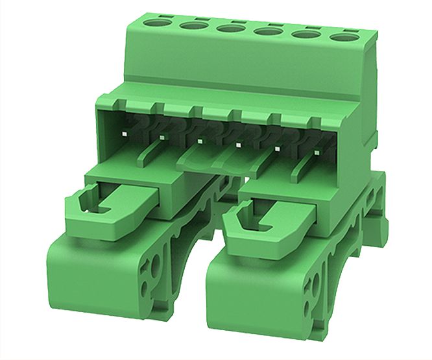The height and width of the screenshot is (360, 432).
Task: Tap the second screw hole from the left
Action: tap(192, 25)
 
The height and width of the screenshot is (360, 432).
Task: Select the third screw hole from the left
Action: tap(229, 29)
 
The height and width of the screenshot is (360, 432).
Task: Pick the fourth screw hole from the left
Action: tap(267, 30)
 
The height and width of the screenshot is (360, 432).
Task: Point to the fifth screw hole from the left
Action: tap(305, 34)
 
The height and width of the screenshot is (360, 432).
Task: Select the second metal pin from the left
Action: tap(161, 137)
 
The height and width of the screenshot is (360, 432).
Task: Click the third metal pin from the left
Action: tap(200, 140)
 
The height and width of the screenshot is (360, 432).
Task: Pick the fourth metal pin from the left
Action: tap(238, 144)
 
